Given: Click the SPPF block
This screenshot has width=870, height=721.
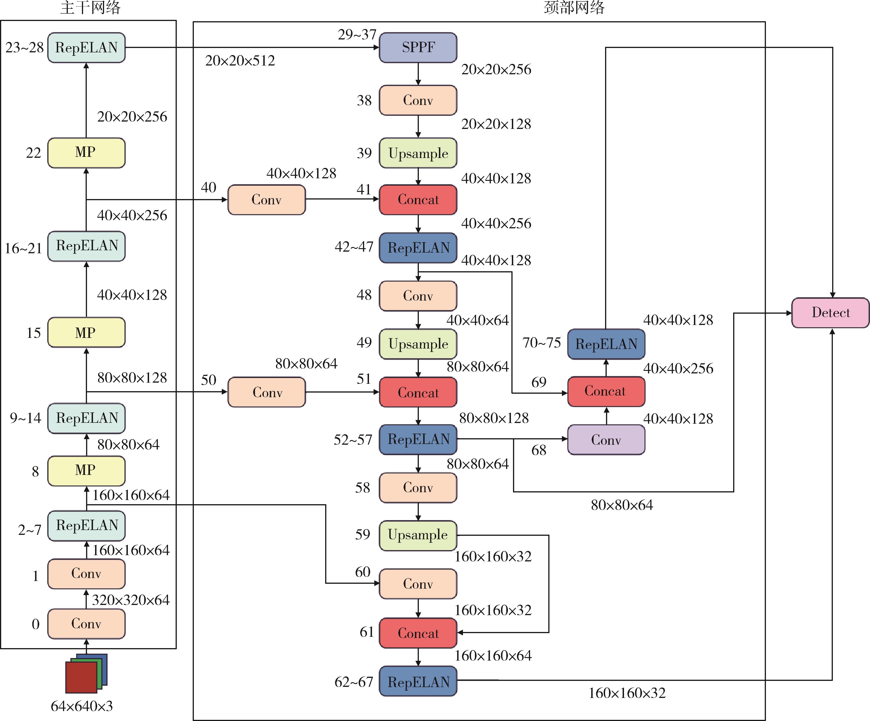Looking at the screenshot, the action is pyautogui.click(x=418, y=48).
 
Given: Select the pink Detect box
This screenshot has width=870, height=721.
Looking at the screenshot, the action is pyautogui.click(x=830, y=313).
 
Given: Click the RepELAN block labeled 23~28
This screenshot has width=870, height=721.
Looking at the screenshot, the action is pyautogui.click(x=86, y=48).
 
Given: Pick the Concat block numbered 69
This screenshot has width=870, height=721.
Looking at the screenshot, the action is pyautogui.click(x=606, y=391).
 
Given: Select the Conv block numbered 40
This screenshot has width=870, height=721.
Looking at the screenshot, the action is pyautogui.click(x=266, y=200).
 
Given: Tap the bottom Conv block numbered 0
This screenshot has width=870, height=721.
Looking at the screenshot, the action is pyautogui.click(x=86, y=624).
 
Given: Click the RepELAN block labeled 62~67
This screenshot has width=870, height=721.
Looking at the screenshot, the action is pyautogui.click(x=418, y=681).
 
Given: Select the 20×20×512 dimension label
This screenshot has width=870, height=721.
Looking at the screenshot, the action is pyautogui.click(x=240, y=60).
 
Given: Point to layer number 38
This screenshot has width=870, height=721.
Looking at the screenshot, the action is pyautogui.click(x=364, y=100).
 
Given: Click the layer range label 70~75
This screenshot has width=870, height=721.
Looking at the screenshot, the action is pyautogui.click(x=541, y=343).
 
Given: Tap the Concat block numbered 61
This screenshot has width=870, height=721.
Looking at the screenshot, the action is pyautogui.click(x=418, y=633).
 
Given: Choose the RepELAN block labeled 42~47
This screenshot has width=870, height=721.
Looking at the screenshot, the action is pyautogui.click(x=418, y=248).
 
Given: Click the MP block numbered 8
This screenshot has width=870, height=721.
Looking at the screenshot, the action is pyautogui.click(x=86, y=471).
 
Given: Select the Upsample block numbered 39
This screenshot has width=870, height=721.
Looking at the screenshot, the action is pyautogui.click(x=418, y=153).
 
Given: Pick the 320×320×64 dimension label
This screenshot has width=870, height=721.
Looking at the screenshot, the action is pyautogui.click(x=131, y=600).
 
